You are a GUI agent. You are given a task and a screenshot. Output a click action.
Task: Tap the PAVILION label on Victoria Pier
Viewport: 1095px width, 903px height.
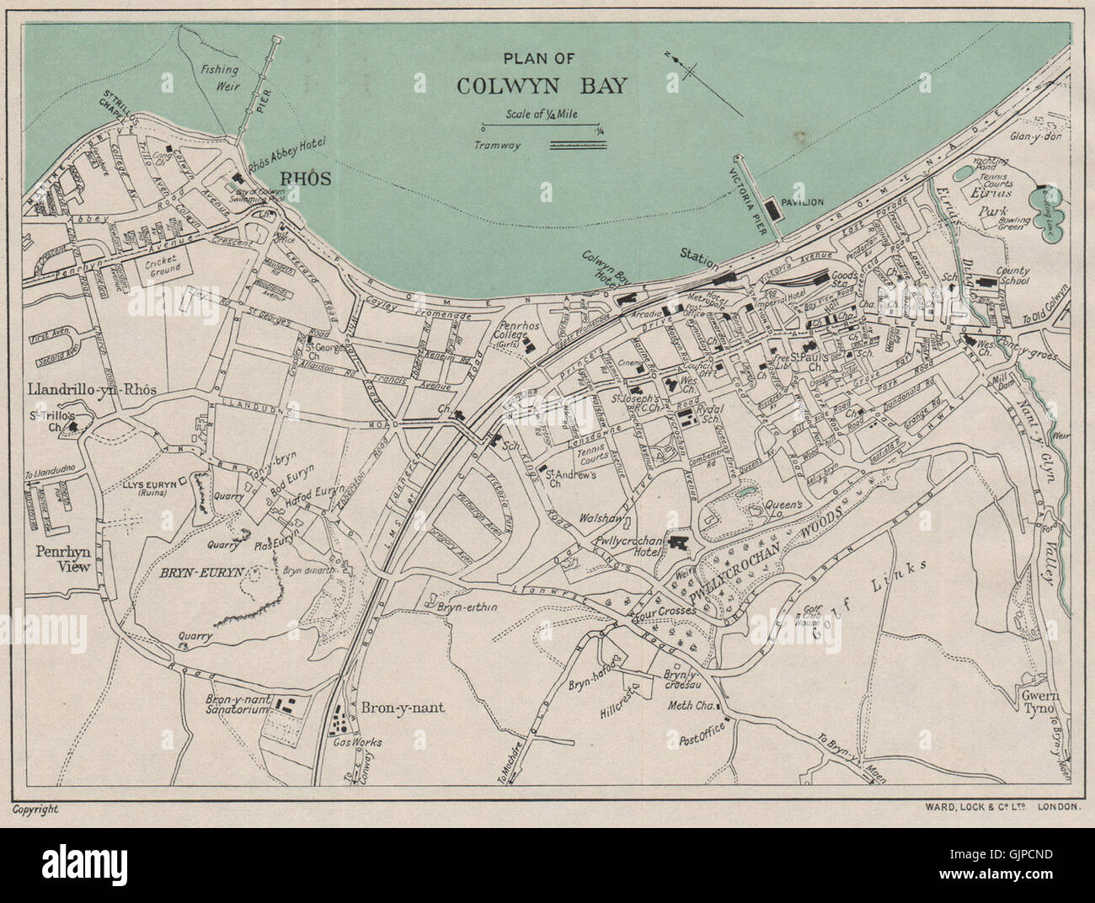tap(801, 202)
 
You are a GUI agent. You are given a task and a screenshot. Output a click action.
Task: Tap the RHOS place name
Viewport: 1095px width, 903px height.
tap(307, 179)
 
